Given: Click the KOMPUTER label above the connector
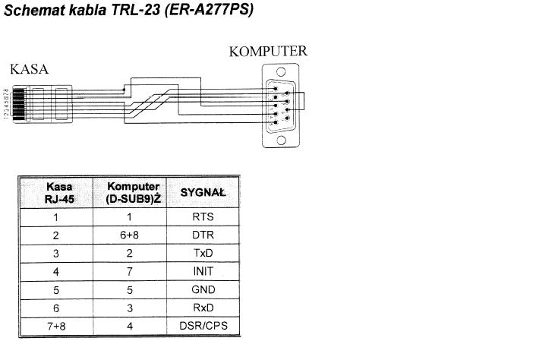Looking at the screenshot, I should tap(268, 52).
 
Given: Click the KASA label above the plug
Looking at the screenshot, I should tap(29, 69).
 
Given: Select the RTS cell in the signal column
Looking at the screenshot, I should tap(203, 217).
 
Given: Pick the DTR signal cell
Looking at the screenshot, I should tap(203, 235).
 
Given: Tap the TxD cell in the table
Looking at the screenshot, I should tap(203, 254).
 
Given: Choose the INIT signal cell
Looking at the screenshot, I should tap(203, 272).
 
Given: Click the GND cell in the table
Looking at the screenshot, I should tap(203, 290).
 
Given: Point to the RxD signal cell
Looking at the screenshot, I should tap(203, 308).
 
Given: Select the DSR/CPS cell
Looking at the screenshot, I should tap(203, 327).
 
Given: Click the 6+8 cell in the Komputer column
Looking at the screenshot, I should tap(133, 235).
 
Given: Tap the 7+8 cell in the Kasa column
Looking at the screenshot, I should tap(55, 327).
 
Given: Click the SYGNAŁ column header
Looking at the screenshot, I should tap(203, 193).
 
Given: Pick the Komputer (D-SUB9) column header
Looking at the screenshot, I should tap(134, 193).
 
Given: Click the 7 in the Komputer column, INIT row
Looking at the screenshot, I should tap(133, 272).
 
